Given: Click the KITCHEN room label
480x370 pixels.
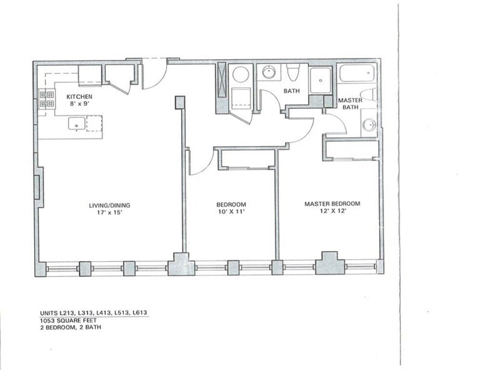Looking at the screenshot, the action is click(80, 97).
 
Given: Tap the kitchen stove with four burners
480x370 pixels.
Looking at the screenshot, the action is click(47, 99).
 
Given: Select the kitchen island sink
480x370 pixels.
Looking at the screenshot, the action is click(76, 124).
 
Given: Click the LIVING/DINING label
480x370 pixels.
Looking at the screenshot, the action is click(109, 205).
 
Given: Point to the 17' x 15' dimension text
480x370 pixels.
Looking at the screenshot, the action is click(109, 212).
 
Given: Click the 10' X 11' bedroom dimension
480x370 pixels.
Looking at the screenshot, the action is click(231, 211).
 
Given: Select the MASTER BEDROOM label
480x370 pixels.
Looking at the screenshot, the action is click(332, 203).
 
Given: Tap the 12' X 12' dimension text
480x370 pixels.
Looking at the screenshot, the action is click(333, 211).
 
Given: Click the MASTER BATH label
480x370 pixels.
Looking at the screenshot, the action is click(350, 104).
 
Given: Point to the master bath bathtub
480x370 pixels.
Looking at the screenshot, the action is click(357, 73).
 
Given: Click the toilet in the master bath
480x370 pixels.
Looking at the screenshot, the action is click(368, 94).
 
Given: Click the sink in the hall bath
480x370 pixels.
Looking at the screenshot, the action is click(269, 72).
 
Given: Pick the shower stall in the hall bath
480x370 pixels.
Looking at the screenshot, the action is click(320, 80).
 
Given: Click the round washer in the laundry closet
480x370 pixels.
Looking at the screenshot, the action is click(240, 74).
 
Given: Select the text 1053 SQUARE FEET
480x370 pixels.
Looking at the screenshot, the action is click(68, 320).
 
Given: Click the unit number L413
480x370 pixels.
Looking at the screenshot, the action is click(103, 313).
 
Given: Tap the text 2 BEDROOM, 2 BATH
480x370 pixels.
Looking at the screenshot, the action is click(71, 328).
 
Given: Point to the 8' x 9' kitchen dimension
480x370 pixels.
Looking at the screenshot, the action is click(80, 104).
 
